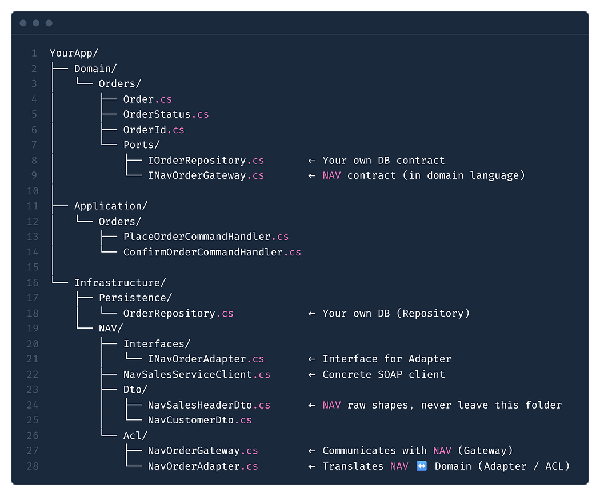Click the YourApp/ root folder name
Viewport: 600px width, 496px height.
pyautogui.click(x=74, y=53)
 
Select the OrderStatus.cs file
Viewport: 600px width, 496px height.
pyautogui.click(x=166, y=114)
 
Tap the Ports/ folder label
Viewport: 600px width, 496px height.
pyautogui.click(x=141, y=145)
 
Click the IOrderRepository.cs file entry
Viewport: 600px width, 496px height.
pyautogui.click(x=206, y=161)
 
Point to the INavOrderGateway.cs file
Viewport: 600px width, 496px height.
pyautogui.click(x=206, y=175)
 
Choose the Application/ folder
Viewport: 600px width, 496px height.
pyautogui.click(x=111, y=206)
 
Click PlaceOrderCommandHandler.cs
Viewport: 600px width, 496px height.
pyautogui.click(x=206, y=237)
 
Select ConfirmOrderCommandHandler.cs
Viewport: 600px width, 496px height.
pyautogui.click(x=212, y=252)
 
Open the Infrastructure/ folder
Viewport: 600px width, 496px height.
pyautogui.click(x=120, y=282)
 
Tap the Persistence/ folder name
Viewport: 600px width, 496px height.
pyautogui.click(x=135, y=298)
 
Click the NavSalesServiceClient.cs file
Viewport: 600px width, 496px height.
pyautogui.click(x=197, y=374)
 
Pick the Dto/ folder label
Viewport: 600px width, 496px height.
pyautogui.click(x=135, y=390)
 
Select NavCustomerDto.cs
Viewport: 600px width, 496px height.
pyautogui.click(x=200, y=420)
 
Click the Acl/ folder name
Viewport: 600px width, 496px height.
pyautogui.click(x=135, y=435)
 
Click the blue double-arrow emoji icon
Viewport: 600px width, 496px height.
pyautogui.click(x=421, y=466)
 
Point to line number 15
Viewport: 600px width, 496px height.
pyautogui.click(x=33, y=267)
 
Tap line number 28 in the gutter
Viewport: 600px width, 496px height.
pyautogui.click(x=33, y=466)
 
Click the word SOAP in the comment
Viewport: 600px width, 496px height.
pyautogui.click(x=390, y=374)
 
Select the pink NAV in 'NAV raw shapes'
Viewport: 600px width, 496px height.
pyautogui.click(x=332, y=405)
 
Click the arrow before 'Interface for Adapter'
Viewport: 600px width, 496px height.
pyautogui.click(x=312, y=359)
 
